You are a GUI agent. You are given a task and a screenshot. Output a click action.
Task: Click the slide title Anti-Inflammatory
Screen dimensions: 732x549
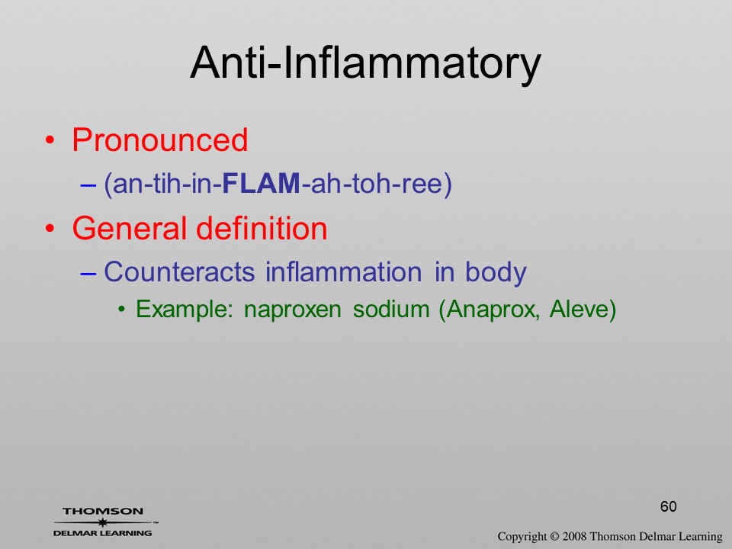click(365, 63)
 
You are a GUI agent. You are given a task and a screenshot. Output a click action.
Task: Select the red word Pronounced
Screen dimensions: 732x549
click(159, 140)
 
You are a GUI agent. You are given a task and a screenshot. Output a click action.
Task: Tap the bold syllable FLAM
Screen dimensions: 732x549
click(262, 183)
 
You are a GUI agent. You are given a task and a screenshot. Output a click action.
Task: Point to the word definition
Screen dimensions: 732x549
click(262, 228)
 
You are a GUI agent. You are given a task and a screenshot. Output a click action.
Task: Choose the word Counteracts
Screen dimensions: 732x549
click(179, 271)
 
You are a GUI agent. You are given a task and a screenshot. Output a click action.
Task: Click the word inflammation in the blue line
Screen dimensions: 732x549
click(344, 271)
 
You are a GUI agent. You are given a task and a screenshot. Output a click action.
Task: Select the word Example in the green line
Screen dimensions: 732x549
click(184, 309)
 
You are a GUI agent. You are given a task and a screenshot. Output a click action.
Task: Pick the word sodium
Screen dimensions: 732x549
click(391, 309)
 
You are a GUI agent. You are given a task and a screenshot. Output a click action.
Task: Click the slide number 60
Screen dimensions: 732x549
click(669, 506)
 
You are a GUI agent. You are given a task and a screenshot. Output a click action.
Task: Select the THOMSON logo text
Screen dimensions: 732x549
click(103, 511)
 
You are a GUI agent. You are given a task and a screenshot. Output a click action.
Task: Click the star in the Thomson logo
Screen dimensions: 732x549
click(102, 522)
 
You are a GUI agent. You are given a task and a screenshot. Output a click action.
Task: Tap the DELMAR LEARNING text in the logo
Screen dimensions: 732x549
click(103, 533)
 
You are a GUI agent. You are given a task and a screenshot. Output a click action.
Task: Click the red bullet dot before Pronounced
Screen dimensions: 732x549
click(50, 140)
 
